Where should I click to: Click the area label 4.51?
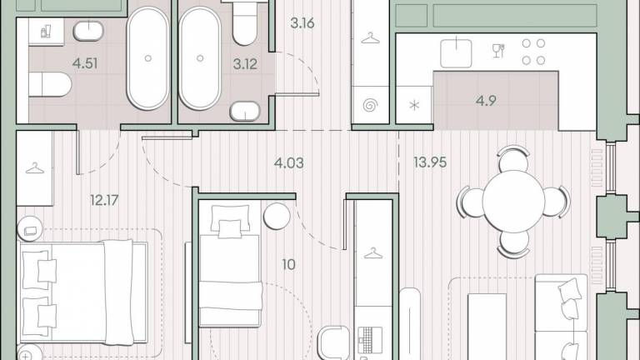(x=85, y=63)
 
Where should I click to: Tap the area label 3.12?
(x=245, y=63)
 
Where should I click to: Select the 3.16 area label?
(x=302, y=23)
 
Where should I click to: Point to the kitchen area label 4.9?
(x=486, y=100)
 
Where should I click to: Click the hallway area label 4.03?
(x=288, y=163)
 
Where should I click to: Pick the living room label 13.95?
(x=430, y=162)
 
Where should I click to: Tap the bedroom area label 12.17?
(x=104, y=200)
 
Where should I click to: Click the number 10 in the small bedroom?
(x=288, y=264)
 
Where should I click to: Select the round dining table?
(x=513, y=201)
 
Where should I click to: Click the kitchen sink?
(x=456, y=53)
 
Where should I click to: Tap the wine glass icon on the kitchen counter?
(x=498, y=51)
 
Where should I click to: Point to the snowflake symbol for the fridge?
(x=414, y=106)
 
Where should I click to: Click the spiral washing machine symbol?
(x=370, y=106)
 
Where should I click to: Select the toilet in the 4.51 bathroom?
(x=50, y=85)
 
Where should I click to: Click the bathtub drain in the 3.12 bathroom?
(x=200, y=58)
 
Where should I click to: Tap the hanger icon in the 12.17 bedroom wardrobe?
(x=35, y=168)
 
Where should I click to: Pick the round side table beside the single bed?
(x=277, y=216)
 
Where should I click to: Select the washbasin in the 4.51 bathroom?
(x=88, y=31)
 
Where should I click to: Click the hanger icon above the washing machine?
(x=370, y=38)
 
